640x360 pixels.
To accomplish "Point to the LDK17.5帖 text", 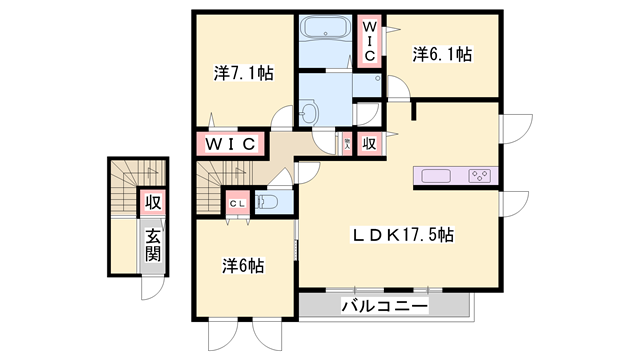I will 402,236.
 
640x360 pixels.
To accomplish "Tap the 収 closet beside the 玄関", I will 152,202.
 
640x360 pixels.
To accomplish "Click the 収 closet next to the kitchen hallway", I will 369,143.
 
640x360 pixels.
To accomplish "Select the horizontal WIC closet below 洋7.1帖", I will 232,144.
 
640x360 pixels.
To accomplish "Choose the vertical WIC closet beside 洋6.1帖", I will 369,42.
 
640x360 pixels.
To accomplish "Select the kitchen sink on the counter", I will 437,176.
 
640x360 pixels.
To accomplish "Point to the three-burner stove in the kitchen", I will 479,176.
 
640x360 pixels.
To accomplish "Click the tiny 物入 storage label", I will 347,144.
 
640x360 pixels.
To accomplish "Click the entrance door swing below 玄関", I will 153,288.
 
